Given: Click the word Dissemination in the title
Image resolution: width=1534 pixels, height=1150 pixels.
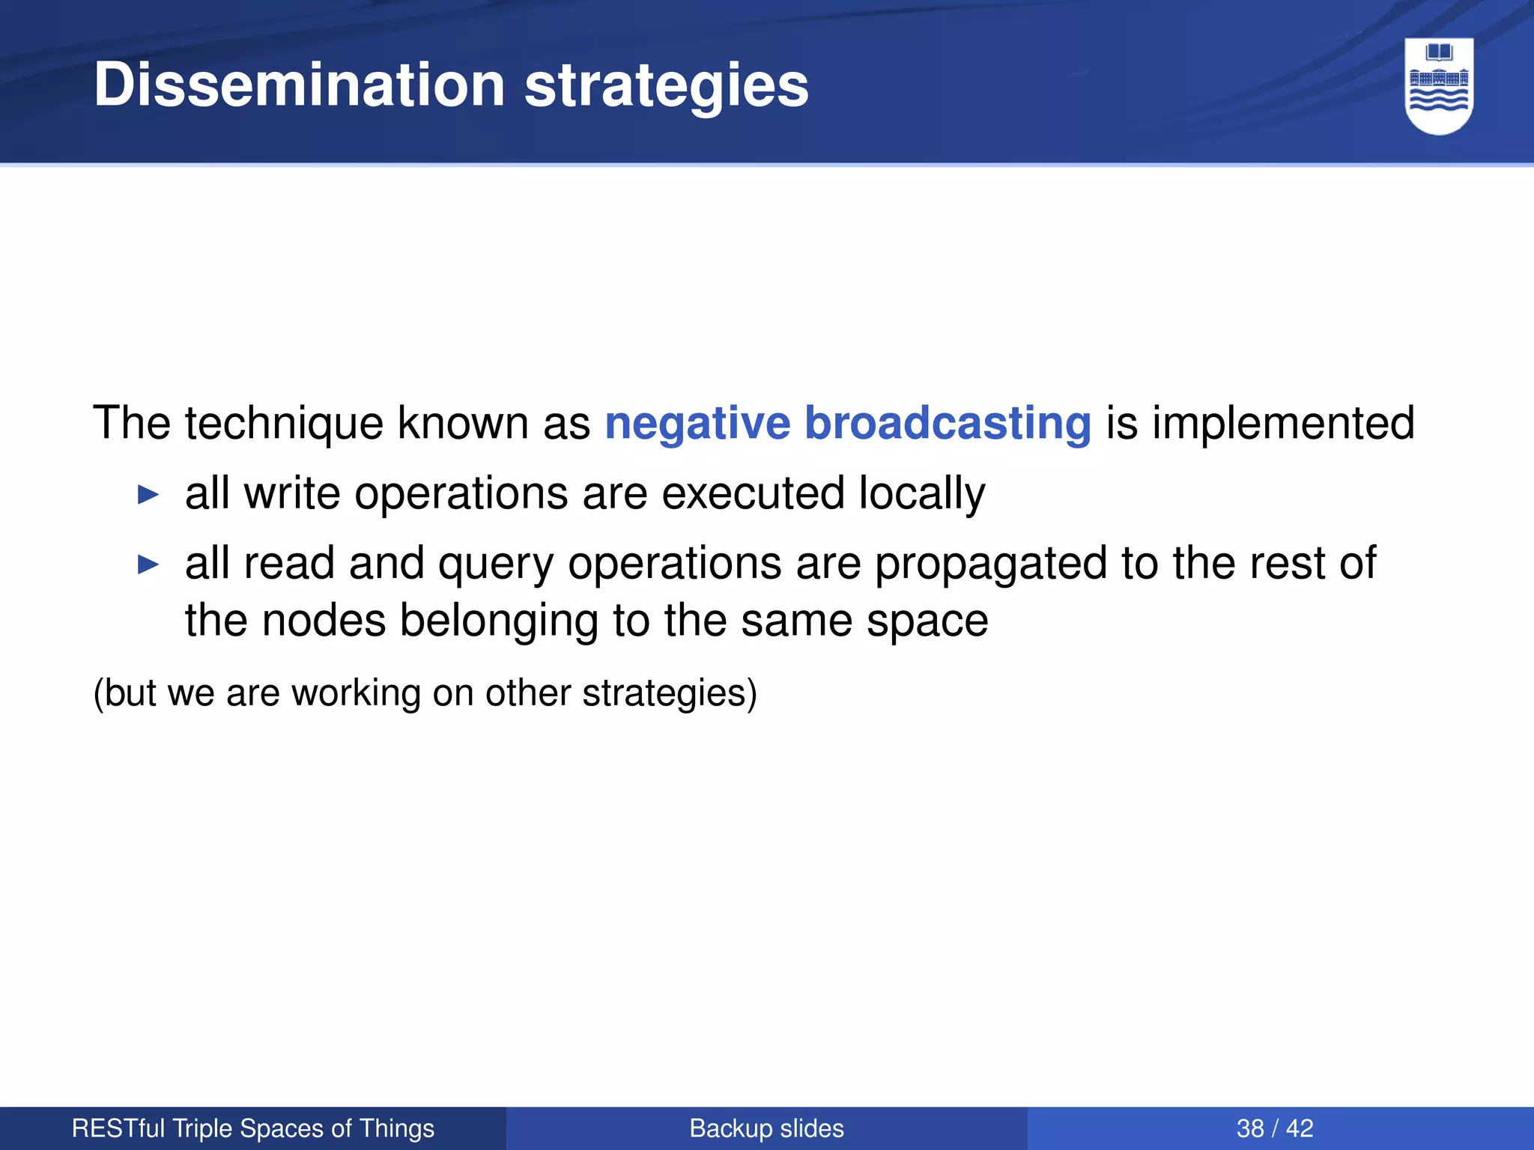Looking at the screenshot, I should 300,85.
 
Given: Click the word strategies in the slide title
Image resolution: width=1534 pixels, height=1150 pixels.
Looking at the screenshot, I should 666,85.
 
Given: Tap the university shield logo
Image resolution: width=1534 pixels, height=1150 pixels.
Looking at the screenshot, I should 1438,86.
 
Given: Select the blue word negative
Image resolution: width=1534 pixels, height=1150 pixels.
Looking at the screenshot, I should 697,424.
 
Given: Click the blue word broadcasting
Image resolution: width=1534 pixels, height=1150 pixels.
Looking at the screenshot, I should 948,424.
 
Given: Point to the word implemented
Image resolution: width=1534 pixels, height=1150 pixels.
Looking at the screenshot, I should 1283,424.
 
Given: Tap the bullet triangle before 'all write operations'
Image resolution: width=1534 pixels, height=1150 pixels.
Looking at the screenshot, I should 149,495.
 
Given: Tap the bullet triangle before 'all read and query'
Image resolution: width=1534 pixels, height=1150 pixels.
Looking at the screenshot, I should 149,565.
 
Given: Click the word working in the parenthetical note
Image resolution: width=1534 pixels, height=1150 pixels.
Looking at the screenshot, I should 357,693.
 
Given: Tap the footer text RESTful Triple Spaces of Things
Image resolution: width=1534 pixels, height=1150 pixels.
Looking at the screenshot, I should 253,1128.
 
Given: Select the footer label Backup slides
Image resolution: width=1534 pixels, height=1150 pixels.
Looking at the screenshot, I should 766,1128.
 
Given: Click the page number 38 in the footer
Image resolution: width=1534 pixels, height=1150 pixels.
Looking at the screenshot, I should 1249,1128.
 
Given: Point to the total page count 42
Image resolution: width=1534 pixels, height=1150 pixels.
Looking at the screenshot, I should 1300,1128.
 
